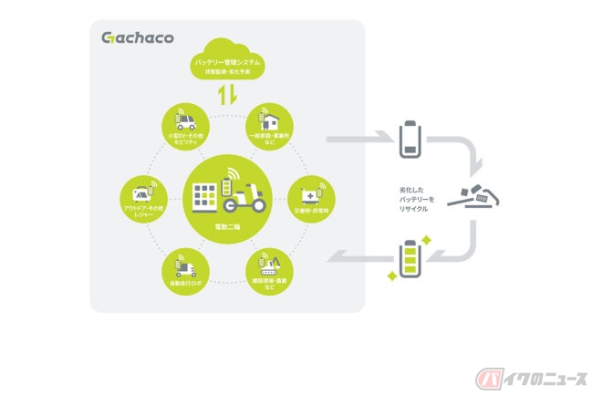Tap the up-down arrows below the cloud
pyautogui.click(x=227, y=95)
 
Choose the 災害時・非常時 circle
pyautogui.click(x=308, y=197)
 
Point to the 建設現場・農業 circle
pyautogui.click(x=268, y=267)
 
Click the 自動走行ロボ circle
pyautogui.click(x=187, y=267)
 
